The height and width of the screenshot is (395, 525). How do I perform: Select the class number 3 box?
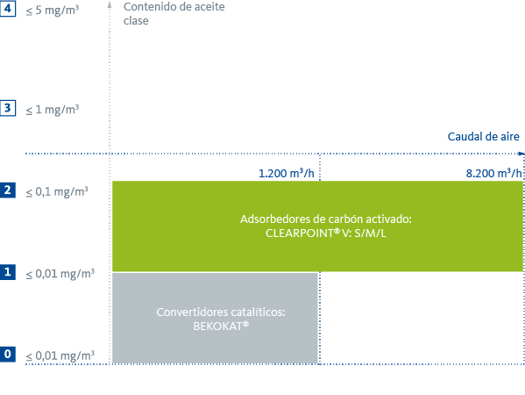click(x=8, y=108)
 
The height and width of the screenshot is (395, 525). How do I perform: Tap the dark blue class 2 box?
click(x=8, y=190)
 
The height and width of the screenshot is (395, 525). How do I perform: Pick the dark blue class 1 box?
click(x=8, y=272)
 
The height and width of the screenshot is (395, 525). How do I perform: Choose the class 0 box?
click(x=8, y=354)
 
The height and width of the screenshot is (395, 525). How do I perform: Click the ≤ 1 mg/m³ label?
click(x=52, y=109)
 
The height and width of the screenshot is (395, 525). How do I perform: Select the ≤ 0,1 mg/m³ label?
click(x=56, y=190)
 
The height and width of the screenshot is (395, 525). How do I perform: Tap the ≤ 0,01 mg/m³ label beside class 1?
click(x=59, y=273)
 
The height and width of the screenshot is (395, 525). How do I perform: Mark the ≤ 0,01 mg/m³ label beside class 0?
click(x=59, y=355)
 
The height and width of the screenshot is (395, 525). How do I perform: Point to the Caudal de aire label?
click(x=483, y=136)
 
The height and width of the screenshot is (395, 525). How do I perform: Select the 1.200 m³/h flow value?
click(x=287, y=173)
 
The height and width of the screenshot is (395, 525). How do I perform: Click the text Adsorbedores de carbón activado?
click(x=325, y=219)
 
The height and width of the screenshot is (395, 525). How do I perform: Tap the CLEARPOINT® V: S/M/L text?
click(x=325, y=233)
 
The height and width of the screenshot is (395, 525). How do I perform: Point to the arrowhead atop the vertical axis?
click(x=110, y=5)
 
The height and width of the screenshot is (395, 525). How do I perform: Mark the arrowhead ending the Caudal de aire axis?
click(x=521, y=154)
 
